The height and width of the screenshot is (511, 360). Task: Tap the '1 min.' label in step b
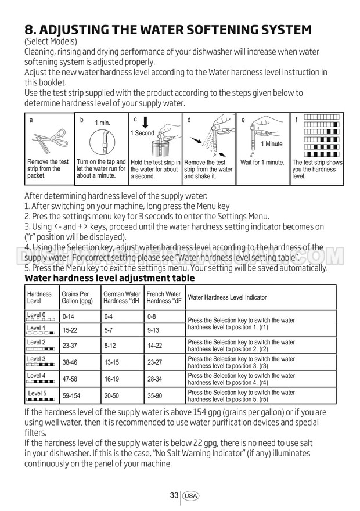click(x=102, y=123)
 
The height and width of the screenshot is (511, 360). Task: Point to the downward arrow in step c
click(x=145, y=123)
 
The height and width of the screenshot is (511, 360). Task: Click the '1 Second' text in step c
click(x=142, y=133)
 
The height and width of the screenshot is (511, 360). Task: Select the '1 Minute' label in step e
click(x=271, y=144)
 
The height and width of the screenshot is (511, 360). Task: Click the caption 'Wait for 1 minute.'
click(x=262, y=163)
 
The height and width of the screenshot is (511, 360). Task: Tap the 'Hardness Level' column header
click(x=39, y=297)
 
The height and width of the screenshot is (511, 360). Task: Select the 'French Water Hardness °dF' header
click(x=164, y=297)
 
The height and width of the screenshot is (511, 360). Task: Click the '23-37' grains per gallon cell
click(x=70, y=346)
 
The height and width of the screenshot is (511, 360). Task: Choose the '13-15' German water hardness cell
click(x=111, y=362)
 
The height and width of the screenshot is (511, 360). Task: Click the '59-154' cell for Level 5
click(x=72, y=395)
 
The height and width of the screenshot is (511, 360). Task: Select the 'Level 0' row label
click(x=36, y=315)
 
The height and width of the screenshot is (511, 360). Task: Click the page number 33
click(x=174, y=495)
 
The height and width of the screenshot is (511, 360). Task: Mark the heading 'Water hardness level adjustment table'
click(x=109, y=278)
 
